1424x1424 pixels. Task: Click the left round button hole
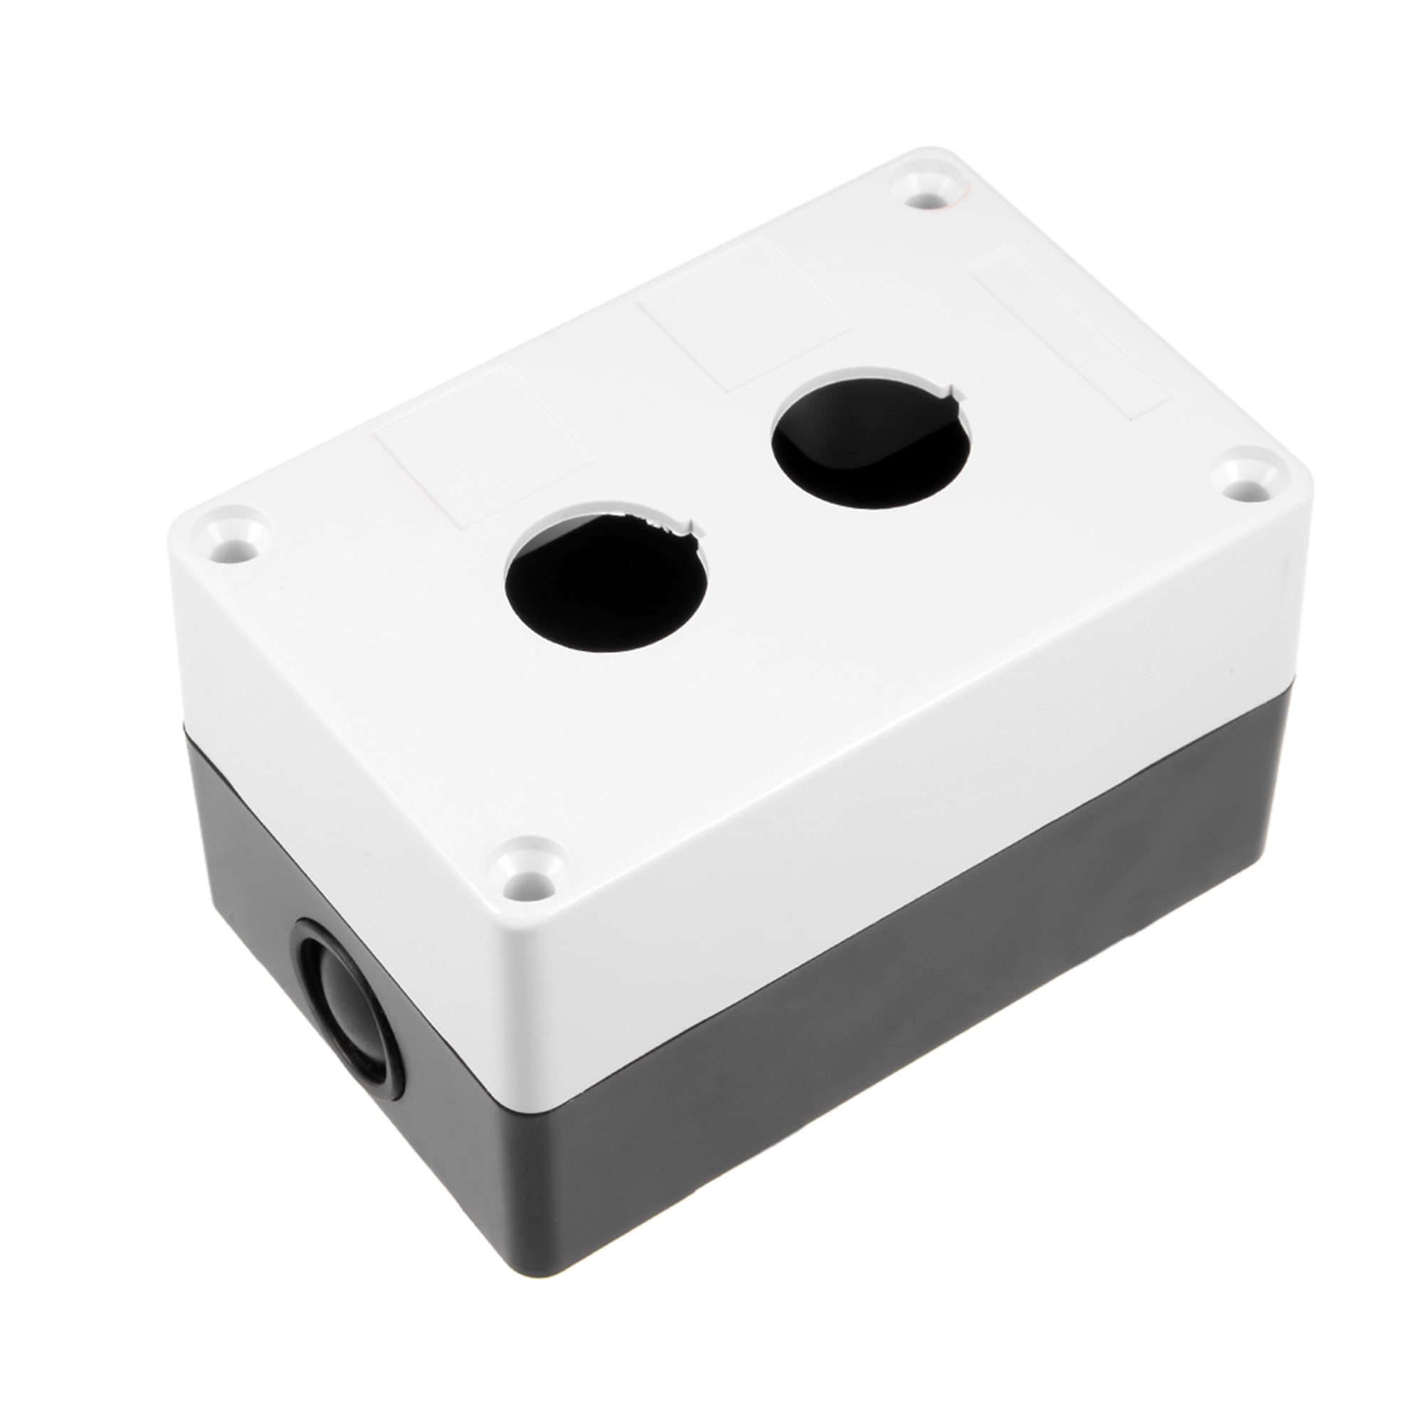pyautogui.click(x=606, y=574)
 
